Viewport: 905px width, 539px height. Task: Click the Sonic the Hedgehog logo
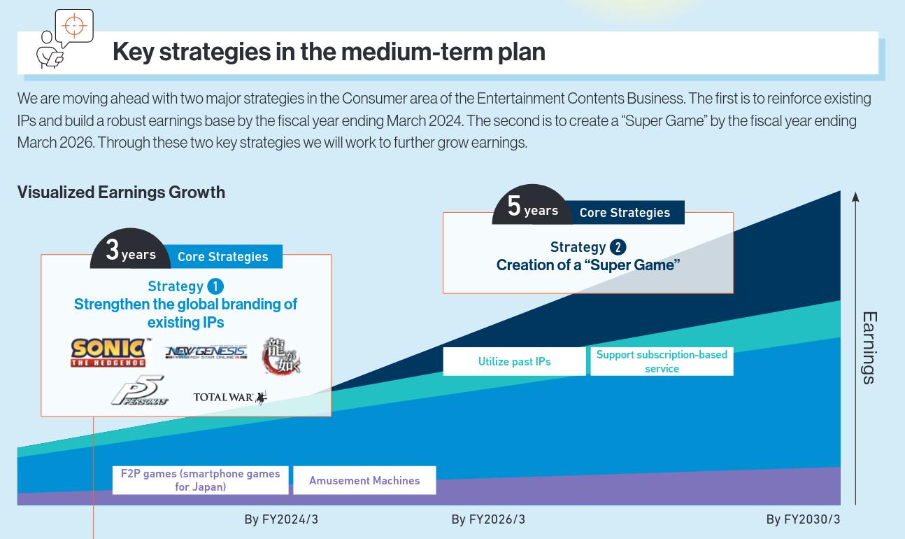tap(109, 353)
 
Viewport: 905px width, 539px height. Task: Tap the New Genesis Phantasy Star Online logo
tap(206, 353)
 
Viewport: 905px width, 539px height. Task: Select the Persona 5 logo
tap(139, 390)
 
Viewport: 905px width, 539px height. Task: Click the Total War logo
tap(230, 397)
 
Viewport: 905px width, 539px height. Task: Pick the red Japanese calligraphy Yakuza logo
tap(281, 356)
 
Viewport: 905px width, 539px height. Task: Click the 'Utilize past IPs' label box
tap(514, 361)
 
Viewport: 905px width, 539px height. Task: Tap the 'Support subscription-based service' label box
tap(662, 361)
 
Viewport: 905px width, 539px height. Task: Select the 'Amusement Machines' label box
tap(364, 480)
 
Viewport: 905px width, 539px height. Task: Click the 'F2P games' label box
tap(201, 480)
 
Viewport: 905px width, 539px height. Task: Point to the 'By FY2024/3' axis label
tap(281, 519)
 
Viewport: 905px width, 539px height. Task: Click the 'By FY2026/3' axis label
tap(488, 519)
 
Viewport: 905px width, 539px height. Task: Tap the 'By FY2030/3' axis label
tap(803, 519)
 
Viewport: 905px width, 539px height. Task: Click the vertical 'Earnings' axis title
tap(869, 348)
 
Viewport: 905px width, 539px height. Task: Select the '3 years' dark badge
tap(130, 249)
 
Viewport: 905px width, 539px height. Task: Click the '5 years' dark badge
tap(532, 205)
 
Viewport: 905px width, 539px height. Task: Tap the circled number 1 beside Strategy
tap(215, 286)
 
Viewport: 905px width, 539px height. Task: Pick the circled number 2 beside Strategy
tap(618, 247)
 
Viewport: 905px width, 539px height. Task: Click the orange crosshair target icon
tap(74, 25)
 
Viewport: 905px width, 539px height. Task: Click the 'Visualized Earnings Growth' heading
tap(121, 192)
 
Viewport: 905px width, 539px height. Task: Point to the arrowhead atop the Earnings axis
tap(855, 197)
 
